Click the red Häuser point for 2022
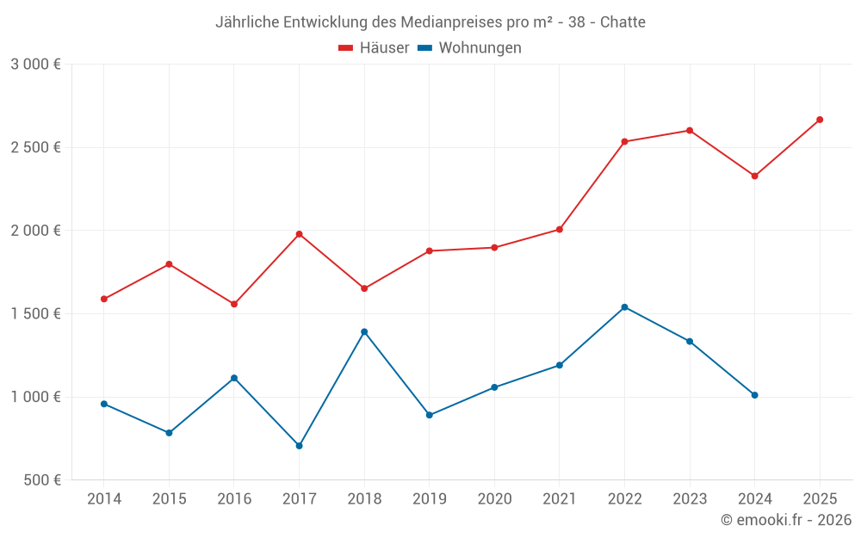[x=624, y=141]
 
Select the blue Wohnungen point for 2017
[x=299, y=446]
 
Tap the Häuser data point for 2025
[x=820, y=120]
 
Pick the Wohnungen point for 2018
[x=364, y=331]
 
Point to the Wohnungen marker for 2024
[x=754, y=395]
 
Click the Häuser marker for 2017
[x=299, y=234]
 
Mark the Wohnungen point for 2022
[x=624, y=307]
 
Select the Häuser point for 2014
[x=104, y=299]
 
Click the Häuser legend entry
[x=374, y=48]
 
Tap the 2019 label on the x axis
[x=429, y=498]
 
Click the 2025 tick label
[x=820, y=498]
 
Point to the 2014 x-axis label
[x=104, y=498]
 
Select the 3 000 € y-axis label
[x=35, y=65]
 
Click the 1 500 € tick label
[x=35, y=313]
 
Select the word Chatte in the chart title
[x=623, y=22]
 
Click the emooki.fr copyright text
[x=786, y=520]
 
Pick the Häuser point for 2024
[x=754, y=176]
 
